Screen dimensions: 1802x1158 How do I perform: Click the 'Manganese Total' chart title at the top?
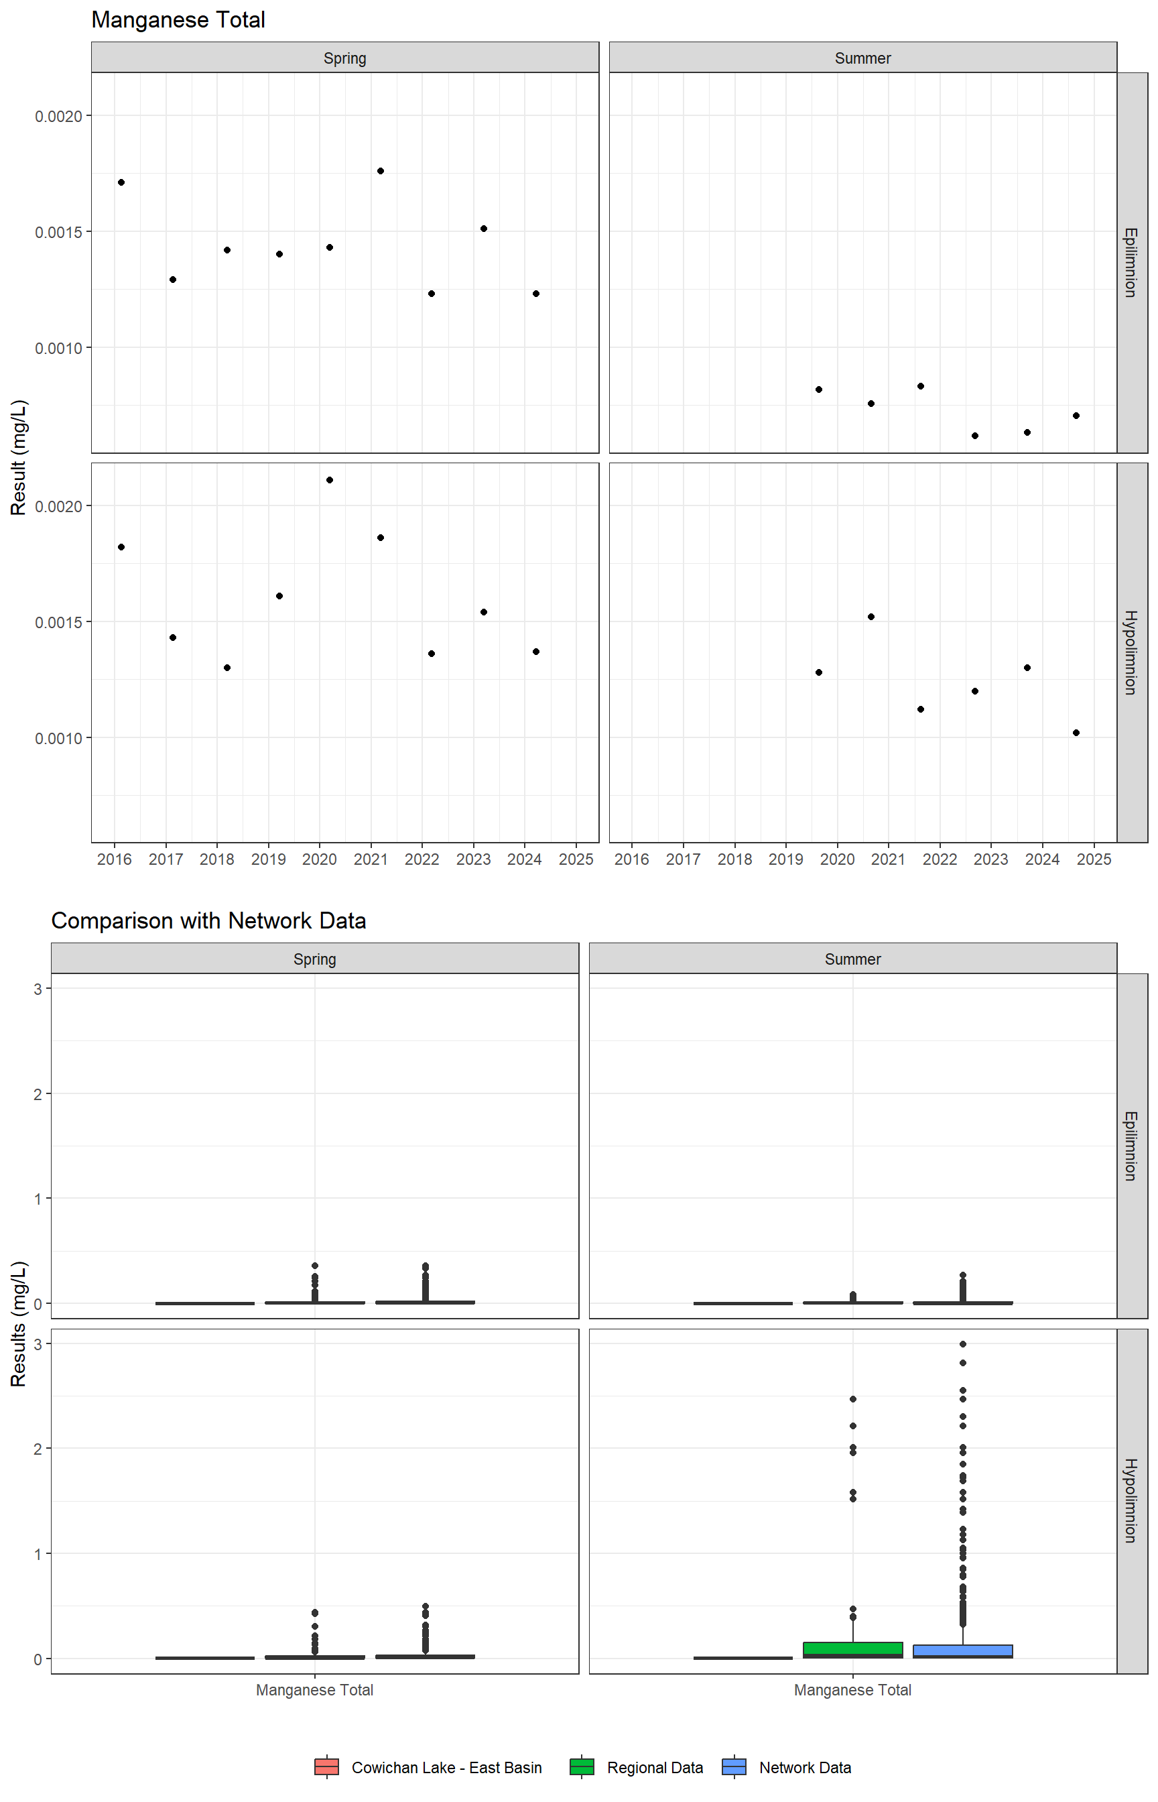click(178, 20)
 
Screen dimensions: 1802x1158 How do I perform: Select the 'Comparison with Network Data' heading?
click(208, 920)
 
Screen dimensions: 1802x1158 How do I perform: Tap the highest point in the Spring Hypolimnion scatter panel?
click(329, 480)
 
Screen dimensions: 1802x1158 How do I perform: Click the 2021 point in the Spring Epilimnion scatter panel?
click(381, 171)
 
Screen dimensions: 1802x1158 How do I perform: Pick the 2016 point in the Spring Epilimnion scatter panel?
click(121, 182)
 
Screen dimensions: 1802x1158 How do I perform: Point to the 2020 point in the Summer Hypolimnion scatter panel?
click(871, 617)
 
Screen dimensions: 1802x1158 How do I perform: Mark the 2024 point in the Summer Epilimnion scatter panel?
click(1076, 415)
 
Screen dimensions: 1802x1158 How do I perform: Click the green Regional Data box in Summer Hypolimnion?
click(852, 1649)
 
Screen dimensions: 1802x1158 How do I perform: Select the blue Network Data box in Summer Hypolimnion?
click(962, 1651)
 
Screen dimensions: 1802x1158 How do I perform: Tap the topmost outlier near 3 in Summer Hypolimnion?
click(962, 1344)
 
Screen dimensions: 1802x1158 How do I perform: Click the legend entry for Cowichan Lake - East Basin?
click(429, 1767)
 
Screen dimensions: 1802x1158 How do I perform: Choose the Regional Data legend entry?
click(637, 1767)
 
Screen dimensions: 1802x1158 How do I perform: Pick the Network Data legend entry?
click(787, 1767)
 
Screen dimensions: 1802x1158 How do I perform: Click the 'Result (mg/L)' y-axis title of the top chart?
click(19, 457)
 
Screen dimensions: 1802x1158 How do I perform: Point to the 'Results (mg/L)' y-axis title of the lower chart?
click(19, 1323)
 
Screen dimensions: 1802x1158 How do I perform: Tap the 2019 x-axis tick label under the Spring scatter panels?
click(269, 859)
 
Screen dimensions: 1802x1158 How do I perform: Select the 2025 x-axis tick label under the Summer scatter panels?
click(1094, 859)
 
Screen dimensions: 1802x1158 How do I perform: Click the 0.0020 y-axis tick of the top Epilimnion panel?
click(59, 116)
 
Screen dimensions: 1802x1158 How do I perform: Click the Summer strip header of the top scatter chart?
click(862, 58)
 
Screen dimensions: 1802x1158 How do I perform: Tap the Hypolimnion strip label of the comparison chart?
click(1130, 1501)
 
